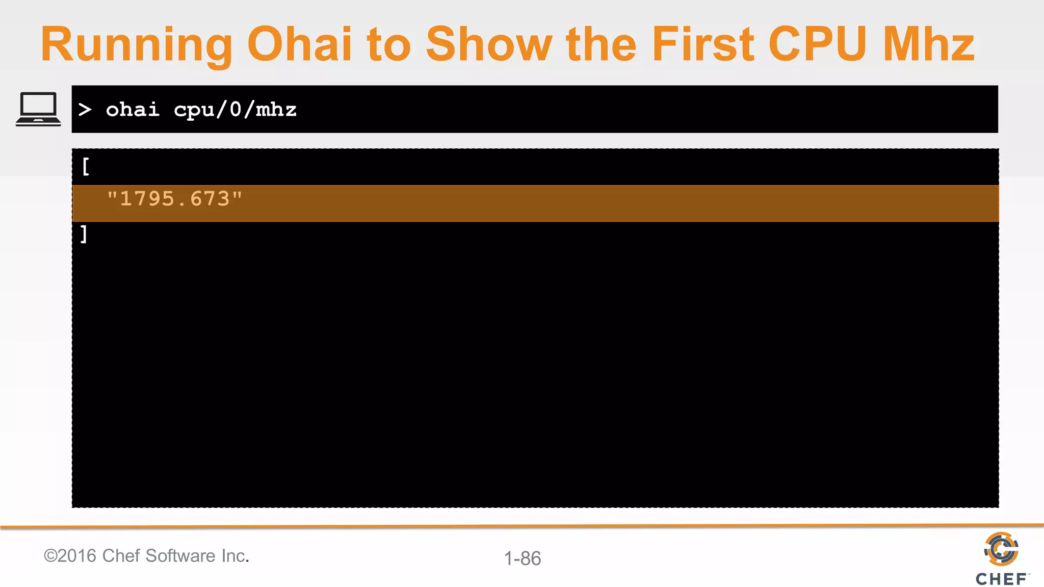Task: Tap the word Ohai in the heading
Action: tap(299, 45)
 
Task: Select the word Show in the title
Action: tap(488, 45)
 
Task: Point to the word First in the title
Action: tap(703, 45)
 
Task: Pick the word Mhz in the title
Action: tap(928, 45)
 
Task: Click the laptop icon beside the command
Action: tap(38, 109)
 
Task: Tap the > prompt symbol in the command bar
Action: tap(85, 109)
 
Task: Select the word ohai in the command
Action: tap(133, 109)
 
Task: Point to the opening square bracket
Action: tap(86, 166)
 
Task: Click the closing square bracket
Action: tap(84, 234)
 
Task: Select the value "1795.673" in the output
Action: tap(174, 199)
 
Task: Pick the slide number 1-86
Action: tap(522, 558)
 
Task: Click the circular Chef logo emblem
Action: tap(1001, 549)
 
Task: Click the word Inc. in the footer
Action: tap(234, 555)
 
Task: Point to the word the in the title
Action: tap(601, 45)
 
